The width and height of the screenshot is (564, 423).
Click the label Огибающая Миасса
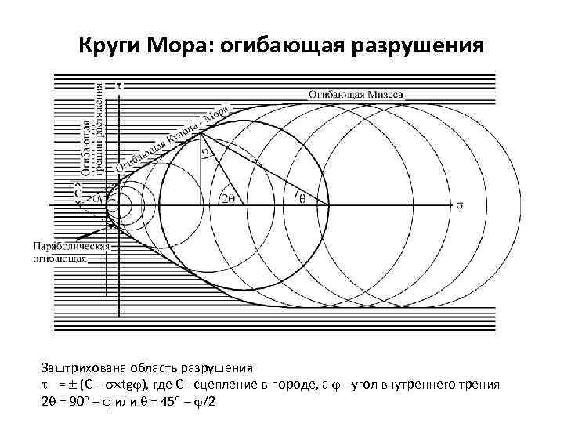pos(356,93)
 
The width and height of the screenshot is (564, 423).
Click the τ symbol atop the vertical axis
pos(118,84)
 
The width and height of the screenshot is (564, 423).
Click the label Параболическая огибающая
pos(69,253)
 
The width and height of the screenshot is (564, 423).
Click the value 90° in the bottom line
pos(81,401)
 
